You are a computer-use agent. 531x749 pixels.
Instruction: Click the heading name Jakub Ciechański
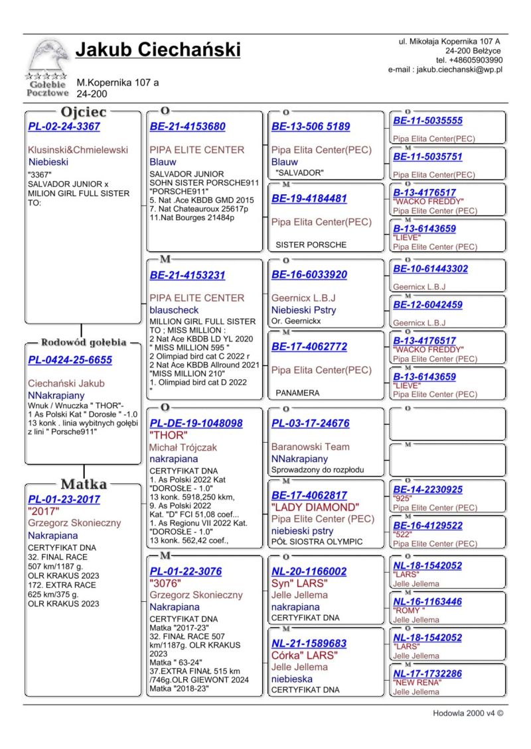[158, 50]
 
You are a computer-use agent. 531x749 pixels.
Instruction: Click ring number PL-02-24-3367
[64, 127]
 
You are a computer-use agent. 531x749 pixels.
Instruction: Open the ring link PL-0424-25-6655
[70, 360]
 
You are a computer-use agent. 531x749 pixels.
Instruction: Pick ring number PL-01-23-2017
[64, 499]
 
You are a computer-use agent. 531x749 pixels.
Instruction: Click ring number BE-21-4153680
[187, 127]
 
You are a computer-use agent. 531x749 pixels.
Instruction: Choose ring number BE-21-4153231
[187, 275]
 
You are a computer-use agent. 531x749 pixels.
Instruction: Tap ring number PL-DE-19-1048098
[196, 423]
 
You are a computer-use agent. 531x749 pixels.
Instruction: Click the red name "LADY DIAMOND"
[315, 507]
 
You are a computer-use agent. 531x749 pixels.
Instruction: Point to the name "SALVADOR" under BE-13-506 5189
[299, 173]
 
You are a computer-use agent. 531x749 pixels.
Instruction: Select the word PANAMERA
[297, 393]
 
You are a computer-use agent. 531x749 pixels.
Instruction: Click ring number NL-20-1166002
[309, 571]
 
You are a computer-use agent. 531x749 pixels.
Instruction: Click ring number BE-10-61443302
[430, 269]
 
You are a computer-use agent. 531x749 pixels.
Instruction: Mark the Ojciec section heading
[83, 112]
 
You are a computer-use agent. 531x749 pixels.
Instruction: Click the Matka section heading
[83, 483]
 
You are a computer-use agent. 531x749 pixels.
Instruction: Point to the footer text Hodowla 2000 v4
[467, 714]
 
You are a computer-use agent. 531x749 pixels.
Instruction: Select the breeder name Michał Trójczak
[183, 447]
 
